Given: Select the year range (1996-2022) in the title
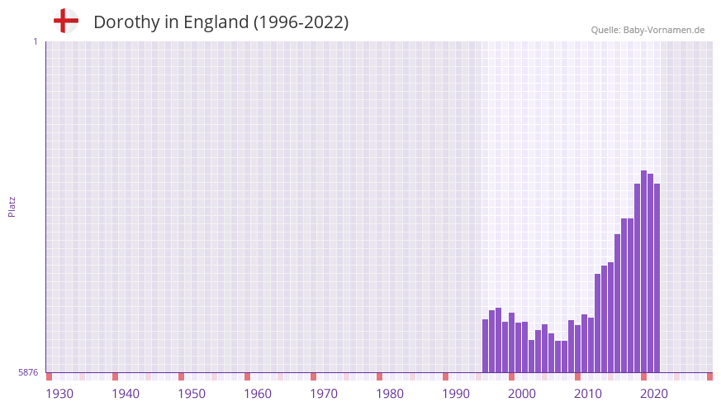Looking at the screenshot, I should tap(301, 22).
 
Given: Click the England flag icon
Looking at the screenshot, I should tap(66, 21).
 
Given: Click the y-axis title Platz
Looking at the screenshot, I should tap(12, 206).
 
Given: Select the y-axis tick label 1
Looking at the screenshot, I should tap(35, 41).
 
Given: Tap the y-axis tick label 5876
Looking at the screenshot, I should tap(28, 373).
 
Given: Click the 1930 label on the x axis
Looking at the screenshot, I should tap(59, 394).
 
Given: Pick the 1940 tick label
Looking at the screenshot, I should tap(126, 394).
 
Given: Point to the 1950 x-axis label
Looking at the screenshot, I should tap(192, 394).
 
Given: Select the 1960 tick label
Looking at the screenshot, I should tap(258, 394).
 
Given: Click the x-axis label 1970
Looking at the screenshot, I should tap(324, 394).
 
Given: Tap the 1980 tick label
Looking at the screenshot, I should tap(390, 394).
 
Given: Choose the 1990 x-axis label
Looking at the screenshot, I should tap(456, 394).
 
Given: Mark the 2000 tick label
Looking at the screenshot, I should tap(522, 394).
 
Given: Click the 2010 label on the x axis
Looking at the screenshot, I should tap(588, 394).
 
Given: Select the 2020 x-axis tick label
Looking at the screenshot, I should tap(654, 394).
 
